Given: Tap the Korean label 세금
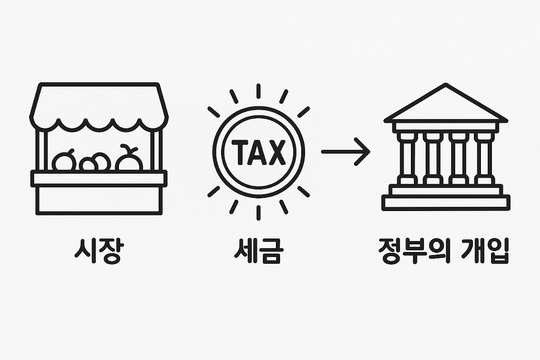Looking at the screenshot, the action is (x=258, y=252).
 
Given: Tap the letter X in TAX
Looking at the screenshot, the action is (x=276, y=152).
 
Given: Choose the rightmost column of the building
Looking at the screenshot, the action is (x=483, y=158).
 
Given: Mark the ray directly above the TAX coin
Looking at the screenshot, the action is (x=258, y=91).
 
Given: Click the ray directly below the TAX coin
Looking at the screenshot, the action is (x=258, y=212).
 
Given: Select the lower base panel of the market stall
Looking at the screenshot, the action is (x=99, y=200).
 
